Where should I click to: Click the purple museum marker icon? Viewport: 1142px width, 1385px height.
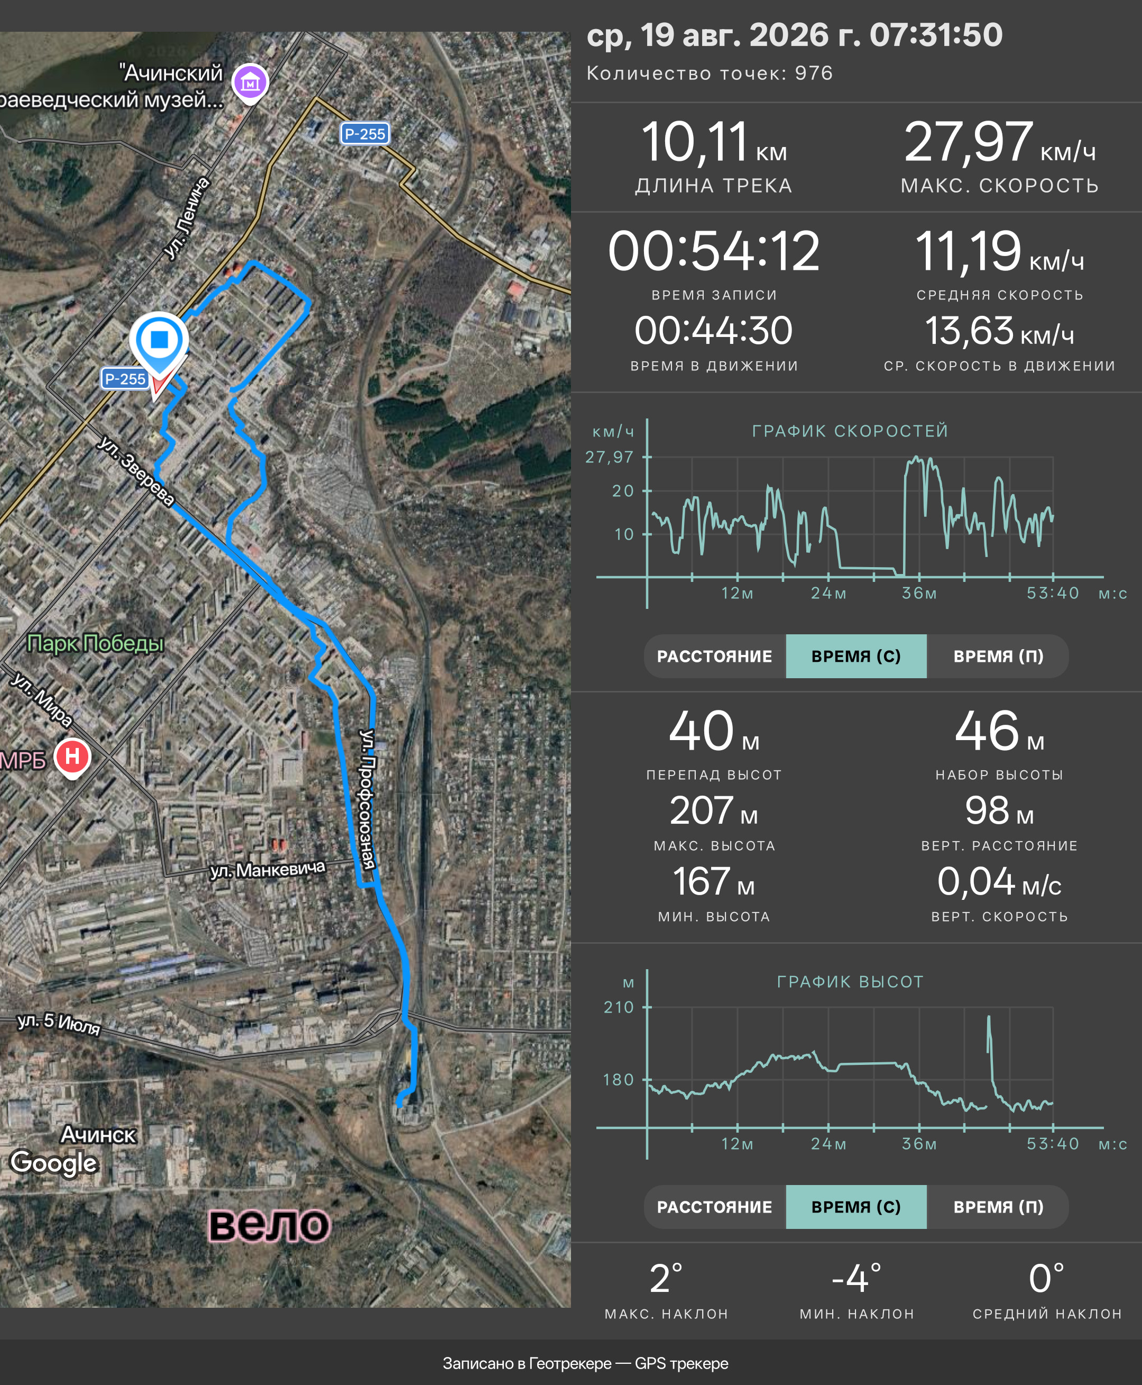[250, 83]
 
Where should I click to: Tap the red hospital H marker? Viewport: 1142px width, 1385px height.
[72, 757]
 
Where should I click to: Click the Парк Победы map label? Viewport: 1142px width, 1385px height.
[95, 643]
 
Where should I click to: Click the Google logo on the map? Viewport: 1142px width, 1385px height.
[54, 1163]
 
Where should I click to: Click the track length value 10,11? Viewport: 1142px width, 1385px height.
[695, 142]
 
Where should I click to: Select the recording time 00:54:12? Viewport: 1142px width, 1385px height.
[714, 251]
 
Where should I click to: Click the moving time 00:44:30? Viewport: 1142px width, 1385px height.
[714, 331]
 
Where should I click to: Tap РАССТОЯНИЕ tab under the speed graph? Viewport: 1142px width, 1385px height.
[714, 657]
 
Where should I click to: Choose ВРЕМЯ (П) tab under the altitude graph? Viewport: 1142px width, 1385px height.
[998, 1207]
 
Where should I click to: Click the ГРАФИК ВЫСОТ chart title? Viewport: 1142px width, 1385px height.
[850, 981]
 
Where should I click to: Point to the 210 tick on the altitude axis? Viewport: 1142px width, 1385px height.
[619, 1007]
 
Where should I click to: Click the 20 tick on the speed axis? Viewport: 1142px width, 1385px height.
[623, 491]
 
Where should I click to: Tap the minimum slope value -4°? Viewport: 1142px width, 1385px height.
[856, 1278]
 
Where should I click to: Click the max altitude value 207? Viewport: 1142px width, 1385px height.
[701, 810]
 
